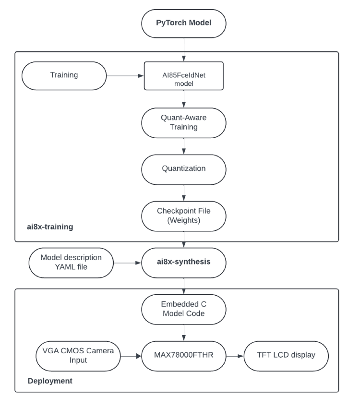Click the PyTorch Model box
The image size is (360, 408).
point(184,23)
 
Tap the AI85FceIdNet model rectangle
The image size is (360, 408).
point(184,75)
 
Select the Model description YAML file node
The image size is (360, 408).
point(72,263)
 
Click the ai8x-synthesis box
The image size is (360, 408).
point(184,263)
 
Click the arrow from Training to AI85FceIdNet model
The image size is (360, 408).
point(125,75)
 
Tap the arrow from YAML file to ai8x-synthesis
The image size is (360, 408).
point(128,263)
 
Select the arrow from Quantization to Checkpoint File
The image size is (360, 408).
point(184,193)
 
